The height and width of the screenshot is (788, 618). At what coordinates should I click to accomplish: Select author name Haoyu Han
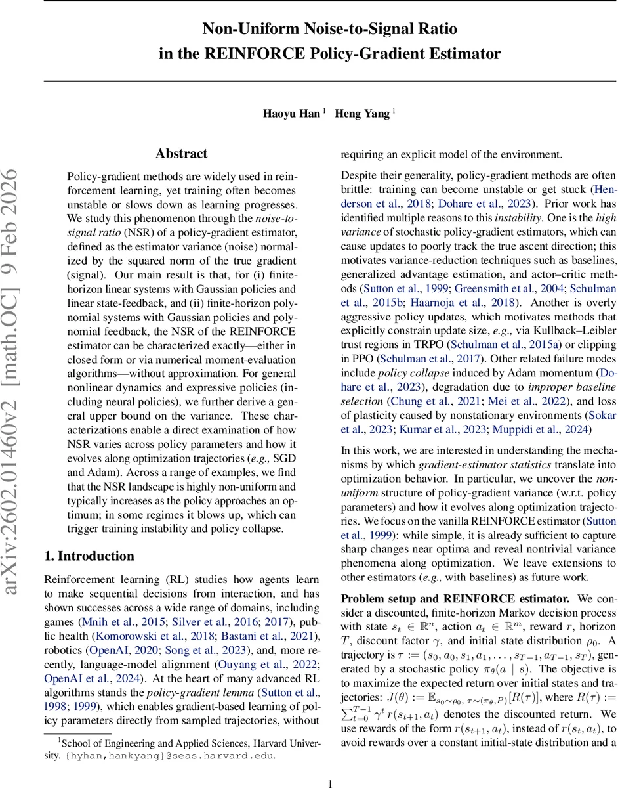[x=292, y=113]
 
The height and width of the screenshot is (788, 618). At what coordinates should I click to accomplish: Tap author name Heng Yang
[x=363, y=113]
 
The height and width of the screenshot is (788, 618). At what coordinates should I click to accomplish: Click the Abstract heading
[x=181, y=154]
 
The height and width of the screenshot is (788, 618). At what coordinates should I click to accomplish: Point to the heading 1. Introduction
[x=89, y=556]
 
